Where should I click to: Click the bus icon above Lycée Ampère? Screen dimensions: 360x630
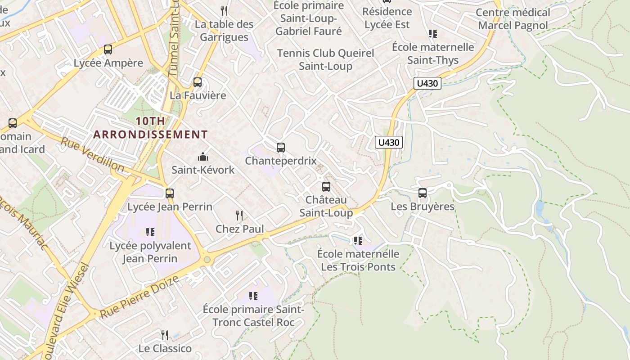108,49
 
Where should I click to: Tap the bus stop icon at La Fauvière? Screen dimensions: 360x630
198,82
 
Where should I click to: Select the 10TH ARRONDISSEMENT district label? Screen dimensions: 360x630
151,128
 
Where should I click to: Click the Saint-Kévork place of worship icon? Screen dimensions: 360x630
203,157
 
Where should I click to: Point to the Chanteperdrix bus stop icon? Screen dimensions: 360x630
281,148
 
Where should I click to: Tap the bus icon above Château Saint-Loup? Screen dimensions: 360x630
326,186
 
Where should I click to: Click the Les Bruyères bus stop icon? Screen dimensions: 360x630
423,193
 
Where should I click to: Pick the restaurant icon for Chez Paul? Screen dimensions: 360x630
239,216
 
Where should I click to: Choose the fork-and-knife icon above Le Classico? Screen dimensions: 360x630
165,335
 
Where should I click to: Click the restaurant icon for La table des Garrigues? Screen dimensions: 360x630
224,11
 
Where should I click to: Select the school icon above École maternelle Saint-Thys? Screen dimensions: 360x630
433,34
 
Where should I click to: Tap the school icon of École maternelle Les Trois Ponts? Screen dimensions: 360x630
358,241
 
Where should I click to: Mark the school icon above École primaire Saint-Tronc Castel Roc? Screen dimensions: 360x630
253,296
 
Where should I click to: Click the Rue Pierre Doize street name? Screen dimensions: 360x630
139,297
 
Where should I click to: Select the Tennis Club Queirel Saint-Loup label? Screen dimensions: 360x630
325,59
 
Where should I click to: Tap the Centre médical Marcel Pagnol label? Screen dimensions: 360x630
513,19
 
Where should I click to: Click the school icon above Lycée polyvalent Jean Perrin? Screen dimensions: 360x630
150,232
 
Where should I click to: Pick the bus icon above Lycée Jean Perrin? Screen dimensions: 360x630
170,193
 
